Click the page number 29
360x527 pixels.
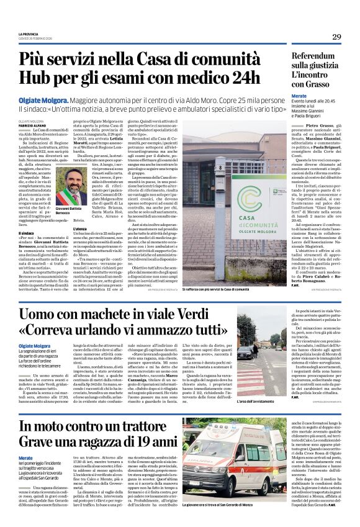click(x=336, y=37)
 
